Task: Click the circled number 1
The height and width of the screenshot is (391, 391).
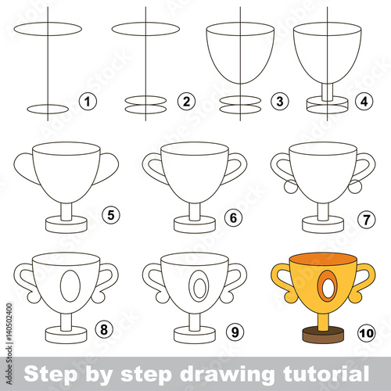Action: (x=88, y=101)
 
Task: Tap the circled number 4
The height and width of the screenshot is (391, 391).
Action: (x=364, y=101)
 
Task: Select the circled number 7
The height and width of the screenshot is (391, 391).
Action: (x=366, y=220)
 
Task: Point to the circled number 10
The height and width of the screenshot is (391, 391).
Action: (x=366, y=333)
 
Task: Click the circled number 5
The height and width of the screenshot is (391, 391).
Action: (x=111, y=216)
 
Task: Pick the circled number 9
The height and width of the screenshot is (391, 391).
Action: (x=235, y=332)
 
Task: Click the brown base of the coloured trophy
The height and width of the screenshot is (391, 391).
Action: (x=323, y=335)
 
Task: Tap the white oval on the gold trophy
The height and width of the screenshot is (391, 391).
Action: (x=328, y=287)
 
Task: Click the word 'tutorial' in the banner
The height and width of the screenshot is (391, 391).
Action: (x=326, y=373)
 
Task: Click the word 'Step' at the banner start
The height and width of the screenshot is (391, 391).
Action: (x=51, y=375)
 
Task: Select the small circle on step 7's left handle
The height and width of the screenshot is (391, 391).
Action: (x=291, y=187)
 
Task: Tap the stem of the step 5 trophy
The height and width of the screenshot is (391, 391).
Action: (x=66, y=212)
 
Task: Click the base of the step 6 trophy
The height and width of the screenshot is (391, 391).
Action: (x=195, y=224)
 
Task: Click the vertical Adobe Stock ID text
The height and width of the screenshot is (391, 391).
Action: (x=9, y=343)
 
